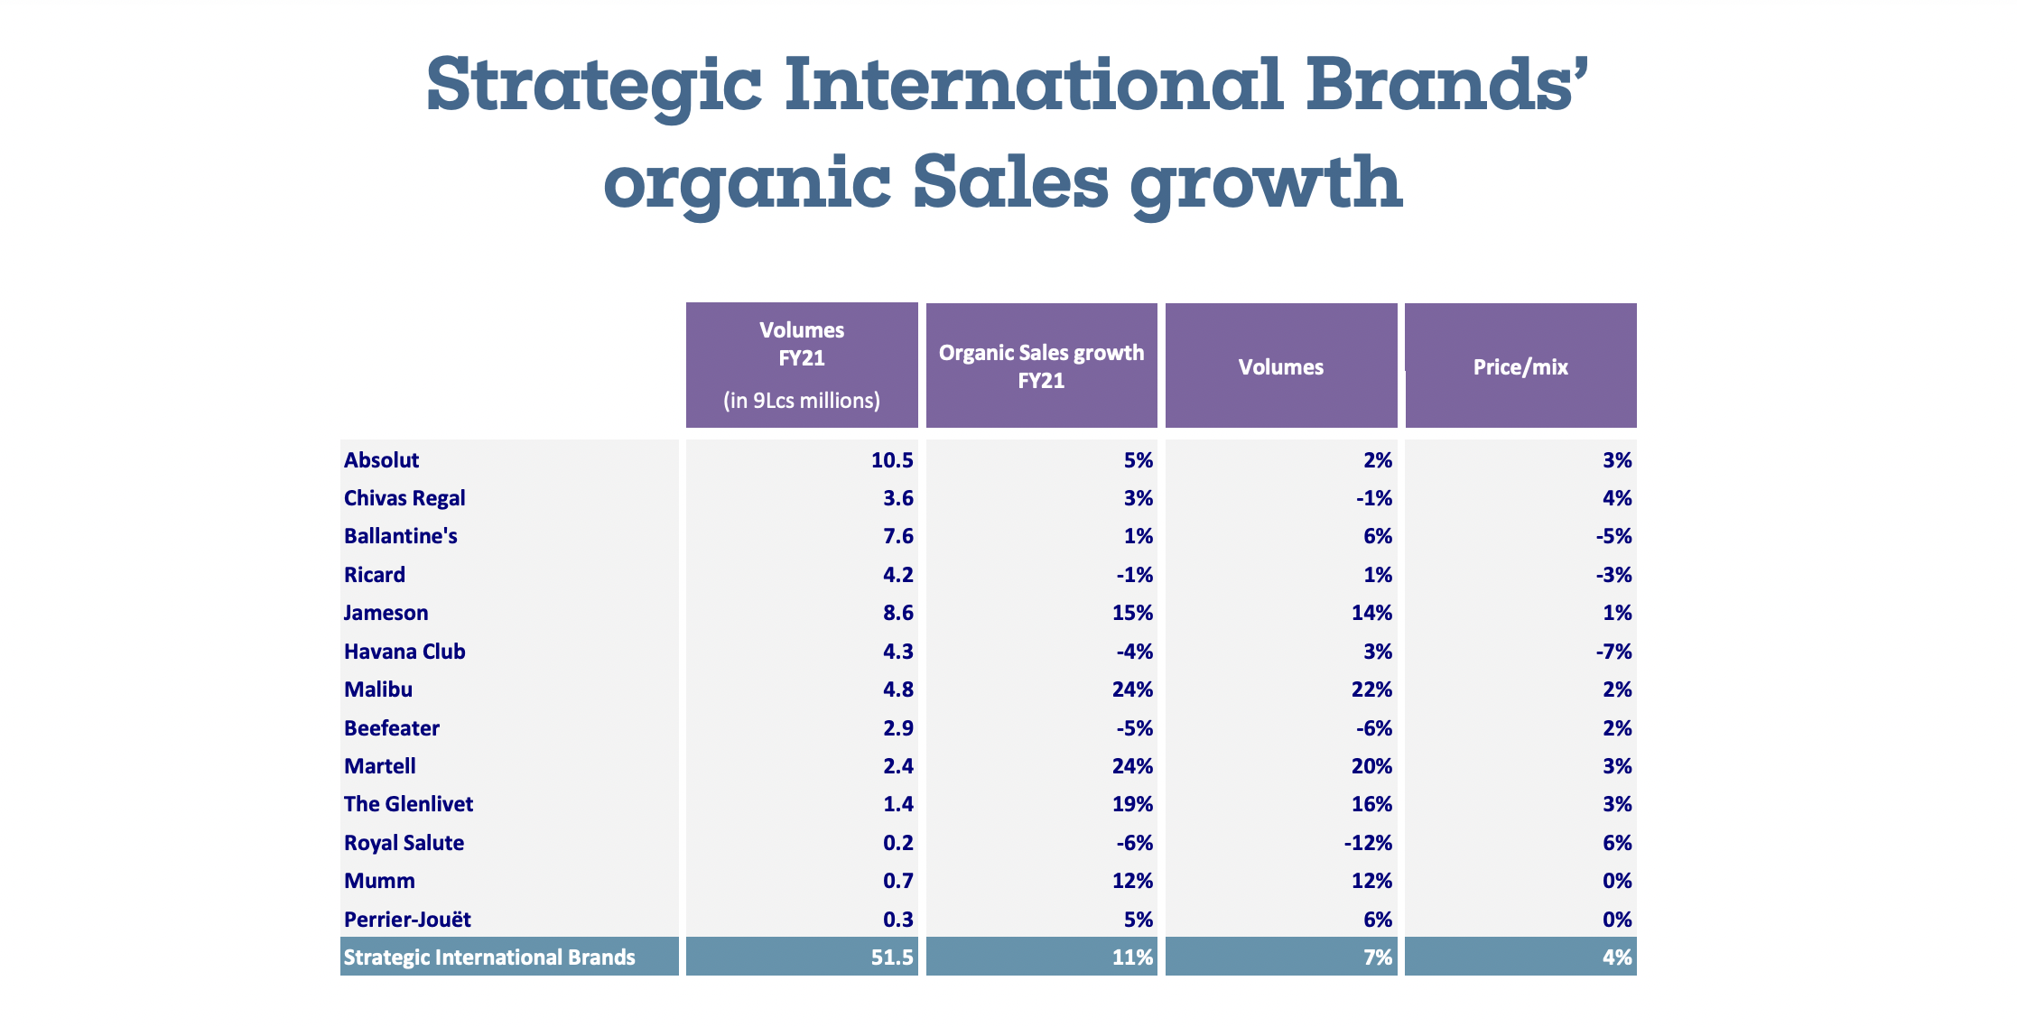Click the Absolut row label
tap(381, 460)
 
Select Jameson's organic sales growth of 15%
tap(1132, 613)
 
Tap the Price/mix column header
tap(1520, 366)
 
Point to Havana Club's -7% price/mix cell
tap(1613, 652)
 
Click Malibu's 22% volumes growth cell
tap(1371, 689)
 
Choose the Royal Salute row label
tap(404, 843)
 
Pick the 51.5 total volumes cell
tap(892, 958)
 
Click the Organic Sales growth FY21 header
tap(1041, 365)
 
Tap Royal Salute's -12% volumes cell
tap(1368, 843)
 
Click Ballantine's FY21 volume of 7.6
tap(898, 536)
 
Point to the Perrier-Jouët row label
tap(407, 920)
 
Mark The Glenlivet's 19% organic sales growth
tap(1132, 804)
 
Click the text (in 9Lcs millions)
tap(802, 401)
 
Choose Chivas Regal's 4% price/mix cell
tap(1617, 498)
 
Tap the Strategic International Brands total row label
tap(489, 958)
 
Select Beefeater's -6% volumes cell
tap(1373, 728)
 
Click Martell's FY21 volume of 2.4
tap(898, 766)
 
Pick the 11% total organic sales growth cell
tap(1132, 958)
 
